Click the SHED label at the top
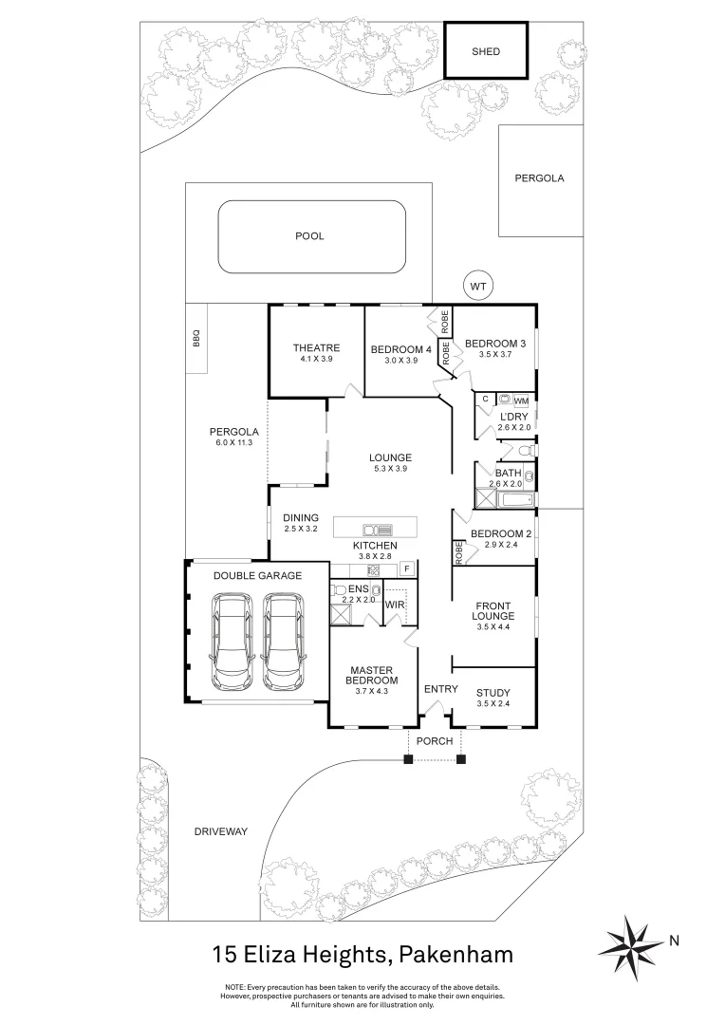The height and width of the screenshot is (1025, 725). pyautogui.click(x=485, y=51)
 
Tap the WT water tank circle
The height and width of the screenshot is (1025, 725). pyautogui.click(x=477, y=284)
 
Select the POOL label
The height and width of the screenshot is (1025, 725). pyautogui.click(x=309, y=235)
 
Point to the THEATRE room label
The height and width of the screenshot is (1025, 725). pyautogui.click(x=316, y=348)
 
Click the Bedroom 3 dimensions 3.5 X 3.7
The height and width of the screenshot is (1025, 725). pyautogui.click(x=494, y=355)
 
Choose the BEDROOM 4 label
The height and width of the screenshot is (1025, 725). pyautogui.click(x=400, y=349)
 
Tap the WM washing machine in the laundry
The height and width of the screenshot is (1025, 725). pyautogui.click(x=522, y=401)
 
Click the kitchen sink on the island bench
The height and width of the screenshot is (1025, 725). pyautogui.click(x=378, y=530)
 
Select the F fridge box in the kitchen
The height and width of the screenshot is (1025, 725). pyautogui.click(x=407, y=568)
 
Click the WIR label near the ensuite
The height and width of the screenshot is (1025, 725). pyautogui.click(x=395, y=604)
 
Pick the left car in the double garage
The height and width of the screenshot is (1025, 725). pyautogui.click(x=232, y=642)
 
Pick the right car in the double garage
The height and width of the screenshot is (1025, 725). pyautogui.click(x=285, y=642)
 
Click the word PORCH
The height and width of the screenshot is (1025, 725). pyautogui.click(x=435, y=741)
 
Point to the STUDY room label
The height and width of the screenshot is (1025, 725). pyautogui.click(x=493, y=692)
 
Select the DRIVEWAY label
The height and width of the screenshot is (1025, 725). pyautogui.click(x=220, y=831)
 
